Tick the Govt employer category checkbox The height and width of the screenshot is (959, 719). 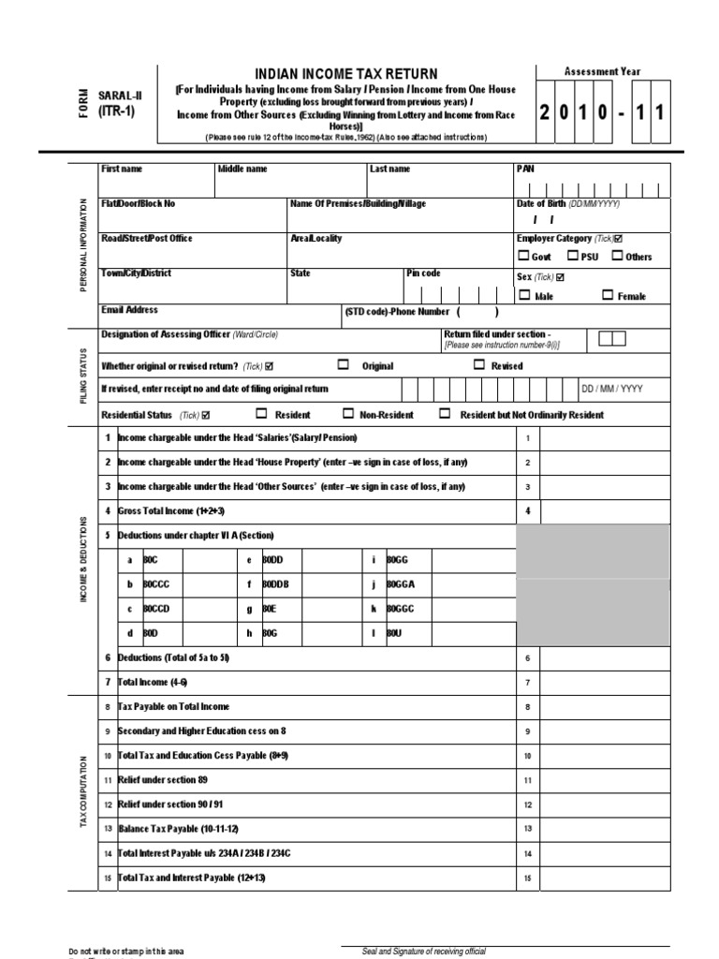click(x=522, y=256)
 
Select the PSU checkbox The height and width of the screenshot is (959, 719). click(x=573, y=256)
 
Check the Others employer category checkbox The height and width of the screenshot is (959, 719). click(x=618, y=256)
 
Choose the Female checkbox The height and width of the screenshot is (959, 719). click(x=608, y=295)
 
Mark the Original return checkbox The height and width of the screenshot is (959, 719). click(x=343, y=365)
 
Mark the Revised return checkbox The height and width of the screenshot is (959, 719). click(x=479, y=365)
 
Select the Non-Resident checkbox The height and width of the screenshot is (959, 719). click(x=348, y=414)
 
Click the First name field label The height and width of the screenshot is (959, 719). click(x=122, y=169)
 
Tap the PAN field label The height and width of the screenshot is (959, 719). click(x=524, y=169)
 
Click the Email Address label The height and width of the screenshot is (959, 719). click(x=129, y=310)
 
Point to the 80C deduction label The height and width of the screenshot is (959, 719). click(x=151, y=559)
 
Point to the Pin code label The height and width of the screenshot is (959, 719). click(x=423, y=273)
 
